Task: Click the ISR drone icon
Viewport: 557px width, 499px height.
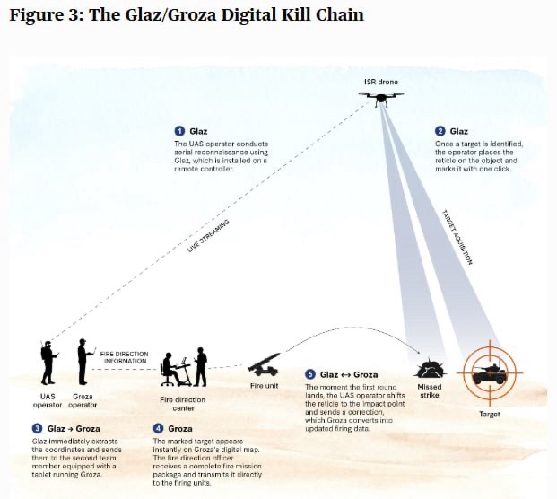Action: [380, 97]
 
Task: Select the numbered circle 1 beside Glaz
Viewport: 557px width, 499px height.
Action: [179, 131]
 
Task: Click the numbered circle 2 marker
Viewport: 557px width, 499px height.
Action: [440, 131]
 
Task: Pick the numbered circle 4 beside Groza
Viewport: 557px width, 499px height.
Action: [158, 429]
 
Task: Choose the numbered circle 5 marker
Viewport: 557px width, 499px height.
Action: [310, 374]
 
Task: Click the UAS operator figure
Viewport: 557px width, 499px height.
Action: [46, 361]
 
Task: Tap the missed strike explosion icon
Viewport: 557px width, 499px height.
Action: [430, 367]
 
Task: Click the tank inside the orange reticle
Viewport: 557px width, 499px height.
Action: [490, 372]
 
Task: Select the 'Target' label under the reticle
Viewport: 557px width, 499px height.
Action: [490, 415]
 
